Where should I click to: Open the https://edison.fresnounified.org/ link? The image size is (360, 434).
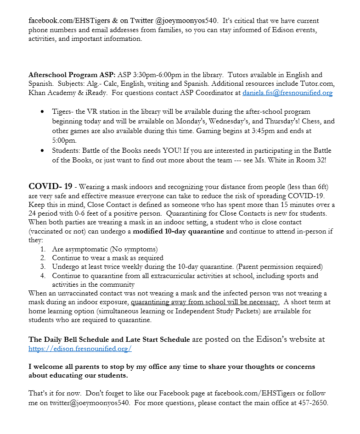pyautogui.click(x=80, y=349)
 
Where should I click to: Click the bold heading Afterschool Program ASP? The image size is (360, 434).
pyautogui.click(x=72, y=75)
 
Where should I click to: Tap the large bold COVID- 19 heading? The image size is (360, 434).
pyautogui.click(x=51, y=186)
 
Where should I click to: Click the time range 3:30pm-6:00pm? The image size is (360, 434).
pyautogui.click(x=151, y=75)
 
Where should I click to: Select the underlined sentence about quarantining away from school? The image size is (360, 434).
pyautogui.click(x=205, y=302)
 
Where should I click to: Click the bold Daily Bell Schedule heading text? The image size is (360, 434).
pyautogui.click(x=109, y=339)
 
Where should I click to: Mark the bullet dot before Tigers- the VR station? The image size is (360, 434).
pyautogui.click(x=43, y=112)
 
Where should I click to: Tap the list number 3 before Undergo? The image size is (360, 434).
pyautogui.click(x=43, y=267)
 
